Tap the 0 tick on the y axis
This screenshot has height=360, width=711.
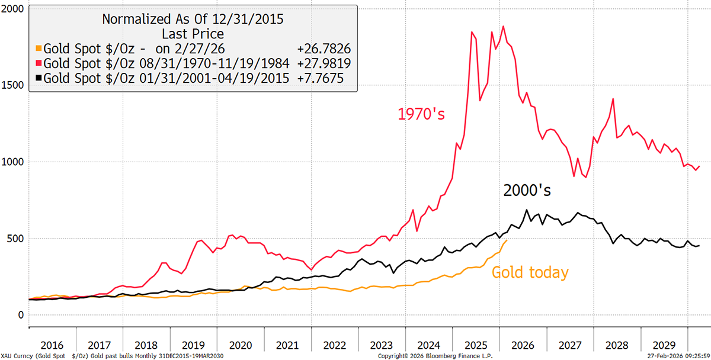(x=20, y=315)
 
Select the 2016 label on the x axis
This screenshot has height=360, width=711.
(x=52, y=345)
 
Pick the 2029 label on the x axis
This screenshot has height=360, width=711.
(x=663, y=345)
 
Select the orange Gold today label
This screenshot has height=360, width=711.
(x=530, y=273)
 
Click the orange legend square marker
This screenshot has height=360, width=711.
(x=39, y=48)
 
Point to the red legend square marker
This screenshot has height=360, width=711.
(x=39, y=63)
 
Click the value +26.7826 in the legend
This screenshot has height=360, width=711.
(x=322, y=48)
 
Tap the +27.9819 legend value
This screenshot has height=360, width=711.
(x=322, y=63)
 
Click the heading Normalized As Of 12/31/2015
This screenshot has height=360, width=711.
(x=193, y=19)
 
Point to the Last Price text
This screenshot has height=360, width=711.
(x=193, y=34)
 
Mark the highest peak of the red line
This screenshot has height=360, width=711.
(x=503, y=26)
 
